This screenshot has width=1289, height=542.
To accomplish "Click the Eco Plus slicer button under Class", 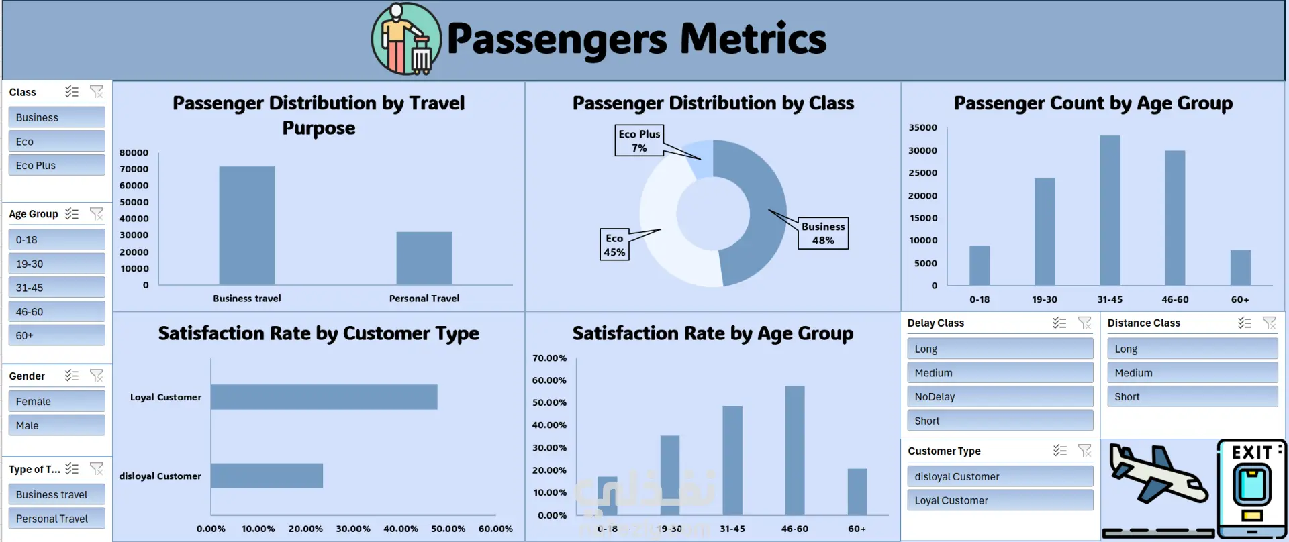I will point(56,165).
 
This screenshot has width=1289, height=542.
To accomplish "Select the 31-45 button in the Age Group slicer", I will point(56,287).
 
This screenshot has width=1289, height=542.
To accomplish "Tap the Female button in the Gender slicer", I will point(56,401).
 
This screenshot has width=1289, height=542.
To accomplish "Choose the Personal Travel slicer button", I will point(56,519).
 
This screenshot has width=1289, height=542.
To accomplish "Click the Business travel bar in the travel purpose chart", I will point(246,225).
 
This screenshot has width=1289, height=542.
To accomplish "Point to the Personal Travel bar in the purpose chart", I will point(424,258).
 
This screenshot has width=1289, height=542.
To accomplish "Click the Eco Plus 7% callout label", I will point(639,140).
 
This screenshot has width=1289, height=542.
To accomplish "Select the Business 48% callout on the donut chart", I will point(822,233).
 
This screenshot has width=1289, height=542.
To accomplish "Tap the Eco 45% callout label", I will point(614,245).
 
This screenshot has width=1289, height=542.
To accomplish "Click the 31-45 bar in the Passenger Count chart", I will point(1110,211).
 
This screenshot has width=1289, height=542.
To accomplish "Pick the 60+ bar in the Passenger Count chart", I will point(1240,268).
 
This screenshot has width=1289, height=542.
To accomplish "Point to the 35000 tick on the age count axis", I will point(922,127).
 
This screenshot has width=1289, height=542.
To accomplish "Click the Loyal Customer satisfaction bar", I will point(324,397).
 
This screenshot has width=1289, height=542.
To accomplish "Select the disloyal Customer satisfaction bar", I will point(267,476).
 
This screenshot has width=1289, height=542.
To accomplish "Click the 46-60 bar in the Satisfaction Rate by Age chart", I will point(794,451).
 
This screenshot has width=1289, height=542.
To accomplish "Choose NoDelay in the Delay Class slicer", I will point(1000,396).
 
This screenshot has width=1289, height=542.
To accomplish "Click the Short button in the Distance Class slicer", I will point(1192,396).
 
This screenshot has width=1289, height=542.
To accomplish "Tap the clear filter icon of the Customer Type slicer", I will point(1084,451).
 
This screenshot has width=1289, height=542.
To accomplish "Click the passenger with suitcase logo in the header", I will point(406,39).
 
